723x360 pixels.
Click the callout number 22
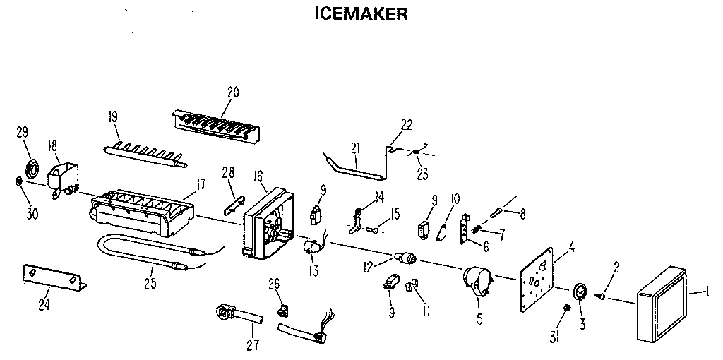coord(407,124)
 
